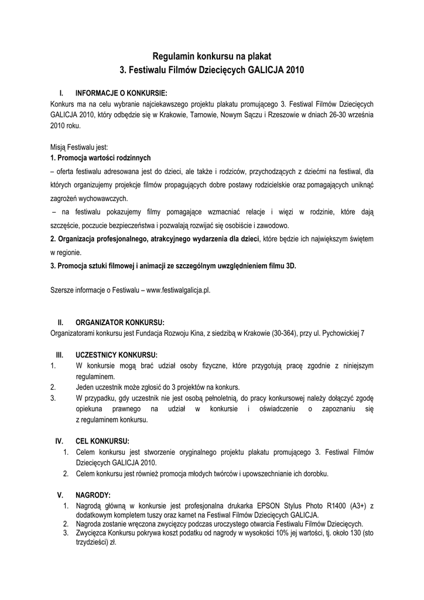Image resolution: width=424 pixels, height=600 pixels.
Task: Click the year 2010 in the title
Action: coord(293,70)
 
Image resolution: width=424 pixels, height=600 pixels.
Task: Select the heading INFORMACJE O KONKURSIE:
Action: coord(121,93)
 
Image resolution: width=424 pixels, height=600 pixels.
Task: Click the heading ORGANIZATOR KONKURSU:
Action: coord(120,323)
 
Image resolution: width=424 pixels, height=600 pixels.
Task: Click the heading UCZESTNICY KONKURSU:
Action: coord(117,355)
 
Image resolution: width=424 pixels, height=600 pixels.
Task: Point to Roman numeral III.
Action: coord(59,355)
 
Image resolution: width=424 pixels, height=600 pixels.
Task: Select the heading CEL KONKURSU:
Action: coord(102,441)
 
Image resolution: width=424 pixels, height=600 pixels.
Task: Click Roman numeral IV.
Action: coord(59,441)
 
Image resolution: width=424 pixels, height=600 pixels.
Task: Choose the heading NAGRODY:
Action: coord(93,495)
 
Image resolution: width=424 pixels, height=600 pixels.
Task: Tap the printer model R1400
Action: coord(336,506)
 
